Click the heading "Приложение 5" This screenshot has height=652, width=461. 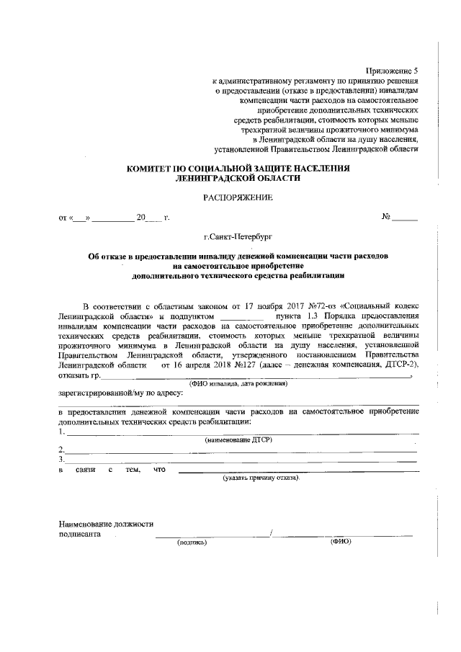[392, 71]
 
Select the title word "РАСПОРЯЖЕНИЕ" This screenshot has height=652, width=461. [238, 196]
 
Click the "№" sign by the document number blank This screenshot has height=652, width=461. [386, 216]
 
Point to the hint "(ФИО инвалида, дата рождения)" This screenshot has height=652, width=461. [238, 384]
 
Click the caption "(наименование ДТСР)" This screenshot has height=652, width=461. [238, 439]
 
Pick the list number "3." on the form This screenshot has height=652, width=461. [62, 459]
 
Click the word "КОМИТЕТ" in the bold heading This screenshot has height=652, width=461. [151, 168]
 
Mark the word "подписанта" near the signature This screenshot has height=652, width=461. [79, 535]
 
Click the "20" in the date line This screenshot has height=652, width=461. [141, 216]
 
